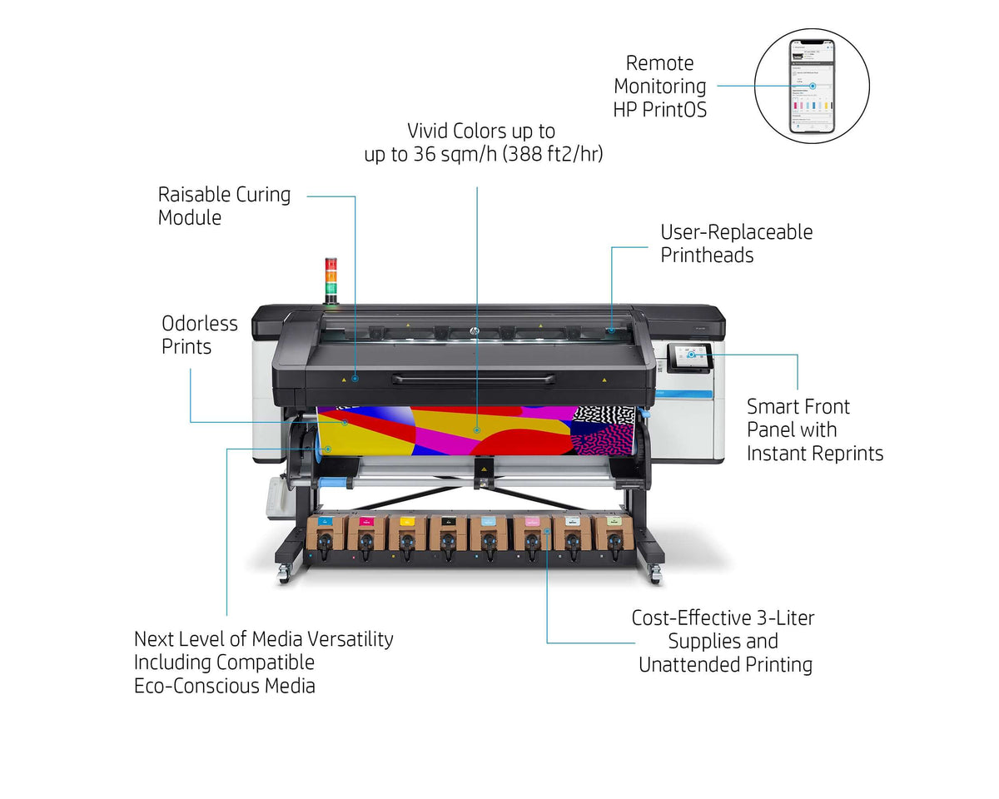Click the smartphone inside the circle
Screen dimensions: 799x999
pos(812,86)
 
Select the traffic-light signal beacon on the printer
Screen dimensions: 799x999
pos(331,280)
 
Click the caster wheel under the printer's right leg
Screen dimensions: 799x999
pos(655,573)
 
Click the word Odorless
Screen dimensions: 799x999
pos(200,324)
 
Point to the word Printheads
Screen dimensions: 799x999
pos(707,256)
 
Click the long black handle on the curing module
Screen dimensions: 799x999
pos(474,380)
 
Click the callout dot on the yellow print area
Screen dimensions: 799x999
pos(477,430)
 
